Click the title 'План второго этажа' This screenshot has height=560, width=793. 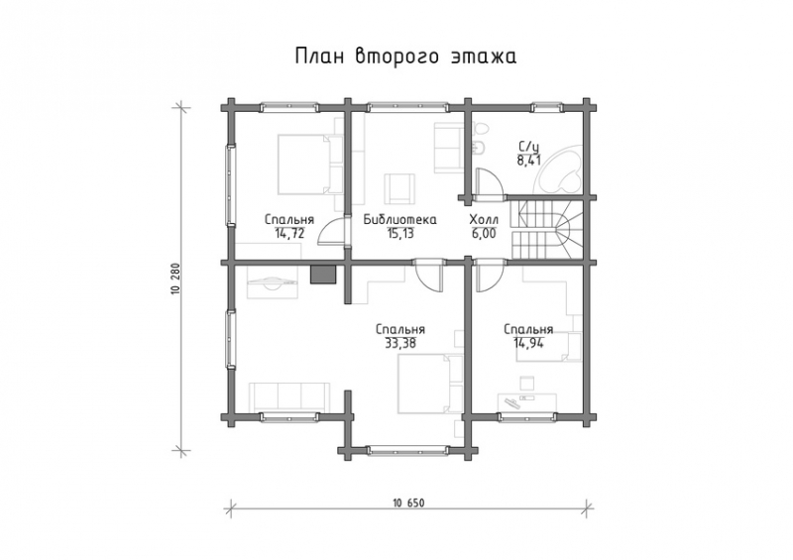[404, 56]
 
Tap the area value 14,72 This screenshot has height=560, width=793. [289, 233]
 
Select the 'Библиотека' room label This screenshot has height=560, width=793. [390, 220]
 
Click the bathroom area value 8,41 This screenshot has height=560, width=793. [528, 157]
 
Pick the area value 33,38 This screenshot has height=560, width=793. [399, 343]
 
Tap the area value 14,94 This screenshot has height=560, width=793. [527, 343]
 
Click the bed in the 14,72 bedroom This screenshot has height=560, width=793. [303, 165]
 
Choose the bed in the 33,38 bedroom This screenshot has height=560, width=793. [426, 384]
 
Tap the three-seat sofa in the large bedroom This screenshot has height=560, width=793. [290, 395]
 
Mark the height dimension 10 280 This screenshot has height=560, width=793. [175, 278]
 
